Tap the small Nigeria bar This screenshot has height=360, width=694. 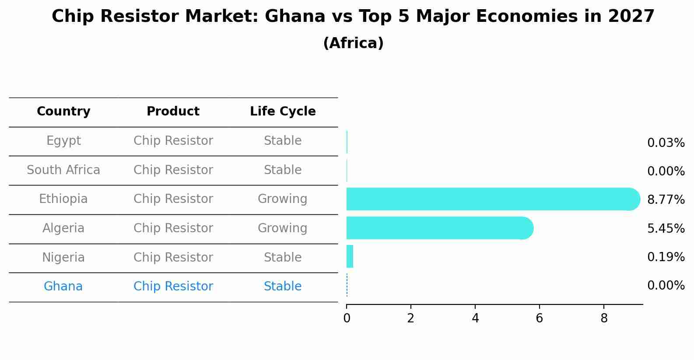[350, 256]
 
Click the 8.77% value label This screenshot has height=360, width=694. [666, 200]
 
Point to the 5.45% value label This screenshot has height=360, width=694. [666, 228]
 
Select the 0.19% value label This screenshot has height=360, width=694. [666, 257]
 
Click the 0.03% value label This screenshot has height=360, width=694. [666, 143]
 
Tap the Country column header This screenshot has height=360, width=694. [63, 112]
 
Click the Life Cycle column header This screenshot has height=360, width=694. [283, 112]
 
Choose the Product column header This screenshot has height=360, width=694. [173, 112]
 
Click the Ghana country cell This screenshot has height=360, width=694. [63, 287]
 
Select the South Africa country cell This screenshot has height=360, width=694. [63, 170]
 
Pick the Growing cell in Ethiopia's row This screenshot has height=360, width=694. [282, 199]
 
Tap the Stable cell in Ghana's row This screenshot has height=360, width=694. [282, 287]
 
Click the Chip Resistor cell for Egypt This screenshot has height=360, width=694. [173, 141]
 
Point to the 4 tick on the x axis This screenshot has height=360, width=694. [475, 318]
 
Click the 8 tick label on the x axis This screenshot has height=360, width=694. [604, 318]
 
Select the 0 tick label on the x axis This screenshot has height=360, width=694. [347, 318]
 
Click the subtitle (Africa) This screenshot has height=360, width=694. [353, 43]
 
